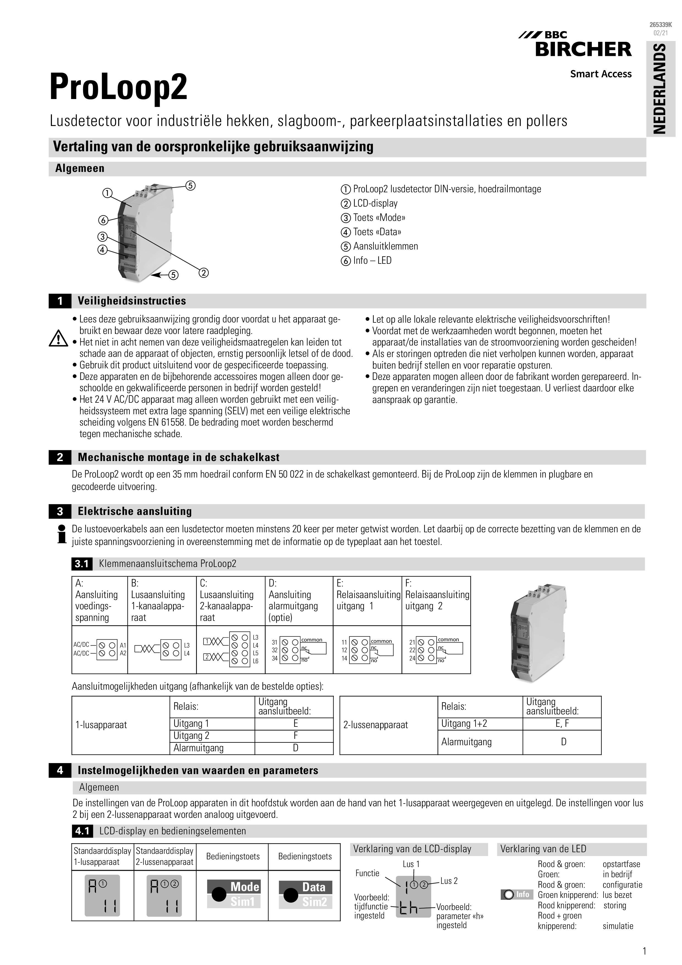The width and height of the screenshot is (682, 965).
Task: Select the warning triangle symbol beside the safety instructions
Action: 58,339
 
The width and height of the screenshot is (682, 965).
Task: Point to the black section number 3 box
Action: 60,511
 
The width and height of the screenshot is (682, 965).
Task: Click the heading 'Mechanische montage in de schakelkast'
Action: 178,457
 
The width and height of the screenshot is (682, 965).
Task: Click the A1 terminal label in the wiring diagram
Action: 123,645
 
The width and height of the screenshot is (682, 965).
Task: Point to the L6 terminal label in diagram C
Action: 255,661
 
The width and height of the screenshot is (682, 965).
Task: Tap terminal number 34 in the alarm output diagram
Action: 274,658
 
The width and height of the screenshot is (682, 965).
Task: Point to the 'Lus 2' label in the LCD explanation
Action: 449,881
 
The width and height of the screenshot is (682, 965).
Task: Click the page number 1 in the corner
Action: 644,951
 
